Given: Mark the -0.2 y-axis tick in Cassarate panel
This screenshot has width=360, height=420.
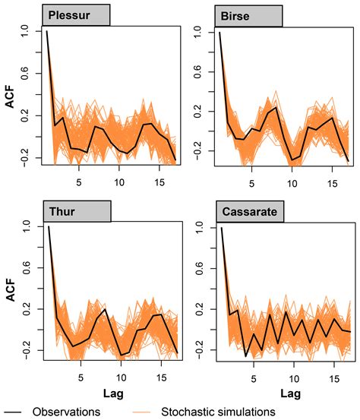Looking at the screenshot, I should click(198, 349).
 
